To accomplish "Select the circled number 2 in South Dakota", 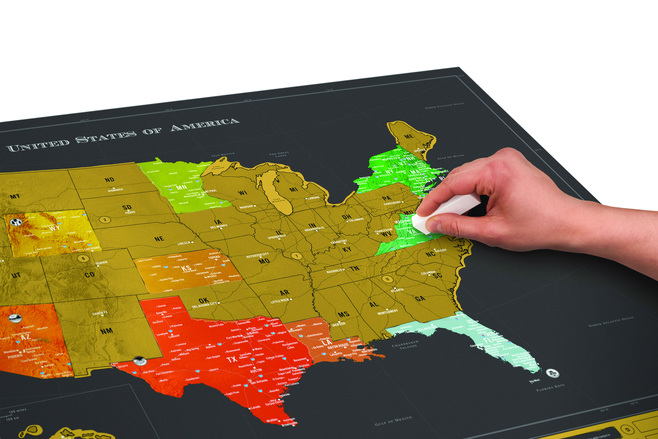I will coord(105,220).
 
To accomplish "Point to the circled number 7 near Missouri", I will coord(297,256).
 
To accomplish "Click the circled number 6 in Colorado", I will coord(83,258).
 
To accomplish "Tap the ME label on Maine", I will coord(409,136).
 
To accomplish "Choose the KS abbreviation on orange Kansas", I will coord(186,268).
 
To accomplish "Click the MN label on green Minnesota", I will coord(182,187).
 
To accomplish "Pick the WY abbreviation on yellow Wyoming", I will coord(55,228).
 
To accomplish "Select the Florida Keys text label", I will coord(550,387).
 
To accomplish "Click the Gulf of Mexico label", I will coord(393,421).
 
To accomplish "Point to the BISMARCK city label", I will coord(115,190).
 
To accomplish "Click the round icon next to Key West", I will coord(553,373).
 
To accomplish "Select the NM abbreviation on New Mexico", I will coord(106,331).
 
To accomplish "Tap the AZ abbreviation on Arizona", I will coord(25,336).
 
